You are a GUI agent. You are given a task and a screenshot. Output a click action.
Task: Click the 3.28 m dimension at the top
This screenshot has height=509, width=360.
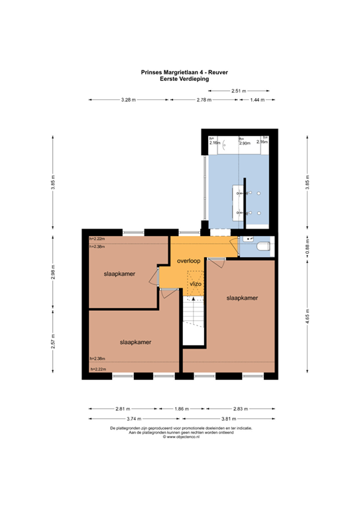(128, 99)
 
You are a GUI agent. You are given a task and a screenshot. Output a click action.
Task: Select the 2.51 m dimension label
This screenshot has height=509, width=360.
(239, 90)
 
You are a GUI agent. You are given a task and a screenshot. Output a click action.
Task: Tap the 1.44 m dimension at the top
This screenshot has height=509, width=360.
(257, 99)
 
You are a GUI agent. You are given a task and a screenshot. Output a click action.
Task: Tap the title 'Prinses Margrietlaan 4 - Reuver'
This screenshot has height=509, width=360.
(180, 73)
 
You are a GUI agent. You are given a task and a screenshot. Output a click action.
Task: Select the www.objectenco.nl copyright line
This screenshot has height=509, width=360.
(180, 437)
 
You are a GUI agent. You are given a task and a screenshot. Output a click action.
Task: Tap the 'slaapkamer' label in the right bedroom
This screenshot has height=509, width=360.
(242, 298)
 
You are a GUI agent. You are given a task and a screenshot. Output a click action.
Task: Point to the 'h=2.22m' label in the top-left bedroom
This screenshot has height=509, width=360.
(97, 239)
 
